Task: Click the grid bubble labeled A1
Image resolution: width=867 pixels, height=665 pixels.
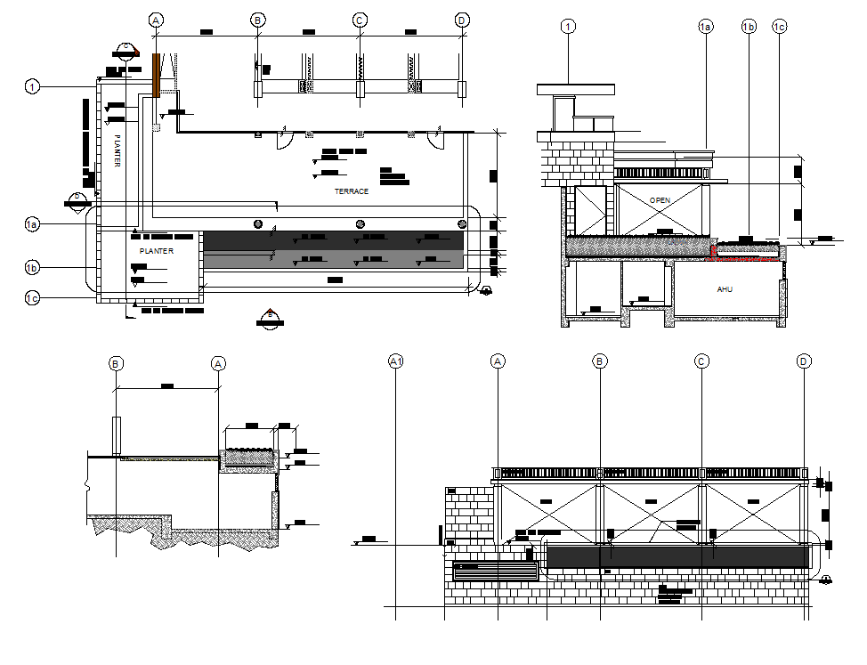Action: [397, 361]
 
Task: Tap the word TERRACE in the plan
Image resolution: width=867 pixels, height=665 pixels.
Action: [352, 191]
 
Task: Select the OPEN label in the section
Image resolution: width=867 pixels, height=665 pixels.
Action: [660, 200]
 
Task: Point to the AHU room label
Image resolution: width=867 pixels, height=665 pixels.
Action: [725, 289]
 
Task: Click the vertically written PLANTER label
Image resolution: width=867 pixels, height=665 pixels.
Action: [117, 150]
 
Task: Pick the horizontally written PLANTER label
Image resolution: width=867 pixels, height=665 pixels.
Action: [157, 252]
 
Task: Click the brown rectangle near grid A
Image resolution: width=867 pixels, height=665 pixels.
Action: [156, 75]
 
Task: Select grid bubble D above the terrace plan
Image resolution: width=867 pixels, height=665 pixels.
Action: [461, 20]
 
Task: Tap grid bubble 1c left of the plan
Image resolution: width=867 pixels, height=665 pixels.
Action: [33, 298]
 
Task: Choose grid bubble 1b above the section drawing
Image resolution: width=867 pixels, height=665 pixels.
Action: [749, 28]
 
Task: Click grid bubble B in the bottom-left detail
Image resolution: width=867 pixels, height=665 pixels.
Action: [116, 363]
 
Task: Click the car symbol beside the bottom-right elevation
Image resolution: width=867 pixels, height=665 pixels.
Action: [827, 580]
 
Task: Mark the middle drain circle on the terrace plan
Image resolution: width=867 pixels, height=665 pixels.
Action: [361, 223]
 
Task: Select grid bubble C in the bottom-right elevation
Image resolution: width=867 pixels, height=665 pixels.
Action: [701, 361]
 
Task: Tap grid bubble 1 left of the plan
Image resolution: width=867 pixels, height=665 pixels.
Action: [33, 86]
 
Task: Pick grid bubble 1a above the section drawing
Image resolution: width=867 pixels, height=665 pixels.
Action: [705, 28]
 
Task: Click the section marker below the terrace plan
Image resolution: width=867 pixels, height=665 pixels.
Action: [269, 318]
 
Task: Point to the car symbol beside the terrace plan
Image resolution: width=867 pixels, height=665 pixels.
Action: [486, 291]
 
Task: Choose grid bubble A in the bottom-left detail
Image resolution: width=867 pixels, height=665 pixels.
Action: [218, 363]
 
